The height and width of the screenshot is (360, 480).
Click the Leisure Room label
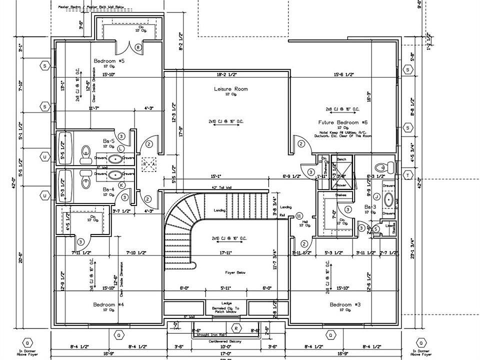tap(231, 89)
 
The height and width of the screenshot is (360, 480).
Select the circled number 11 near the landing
tap(299, 216)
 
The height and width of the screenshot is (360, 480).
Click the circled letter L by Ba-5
tap(121, 149)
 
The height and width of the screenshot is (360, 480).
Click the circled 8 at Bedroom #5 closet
tap(138, 47)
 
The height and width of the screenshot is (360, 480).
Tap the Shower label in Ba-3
tap(341, 185)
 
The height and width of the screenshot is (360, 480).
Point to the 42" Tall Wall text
tap(221, 187)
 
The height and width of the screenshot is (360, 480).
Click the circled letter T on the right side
tap(408, 174)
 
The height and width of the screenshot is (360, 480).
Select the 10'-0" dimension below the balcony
tap(226, 346)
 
